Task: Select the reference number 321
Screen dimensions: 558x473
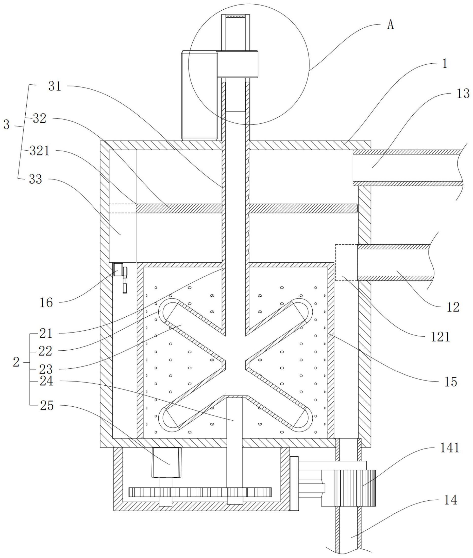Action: [x=39, y=151]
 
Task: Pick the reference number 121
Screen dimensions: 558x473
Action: [x=440, y=337]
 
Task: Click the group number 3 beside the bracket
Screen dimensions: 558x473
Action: [x=6, y=125]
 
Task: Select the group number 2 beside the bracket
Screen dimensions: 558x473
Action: [x=16, y=363]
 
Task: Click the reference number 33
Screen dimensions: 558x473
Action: [x=36, y=179]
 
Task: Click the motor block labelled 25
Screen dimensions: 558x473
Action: [x=166, y=462]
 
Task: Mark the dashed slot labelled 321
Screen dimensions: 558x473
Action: [x=123, y=208]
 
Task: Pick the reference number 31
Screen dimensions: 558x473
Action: [x=55, y=86]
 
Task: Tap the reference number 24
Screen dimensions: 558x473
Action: [x=46, y=382]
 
